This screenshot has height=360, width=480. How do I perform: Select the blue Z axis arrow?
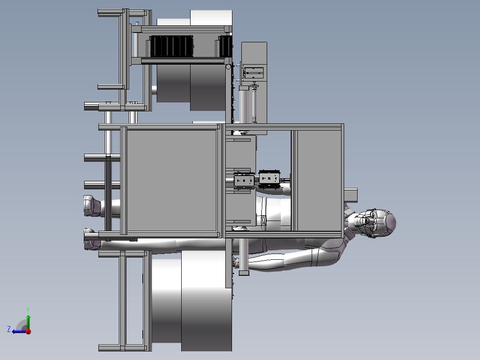click(x=19, y=331)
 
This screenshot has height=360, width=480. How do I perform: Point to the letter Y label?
click(x=28, y=310)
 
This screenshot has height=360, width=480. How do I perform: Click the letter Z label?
click(x=9, y=329)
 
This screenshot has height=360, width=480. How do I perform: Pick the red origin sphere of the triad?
click(x=28, y=331)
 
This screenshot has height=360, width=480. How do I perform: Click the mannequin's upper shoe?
click(x=92, y=205)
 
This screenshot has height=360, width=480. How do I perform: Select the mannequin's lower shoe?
click(x=92, y=239)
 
